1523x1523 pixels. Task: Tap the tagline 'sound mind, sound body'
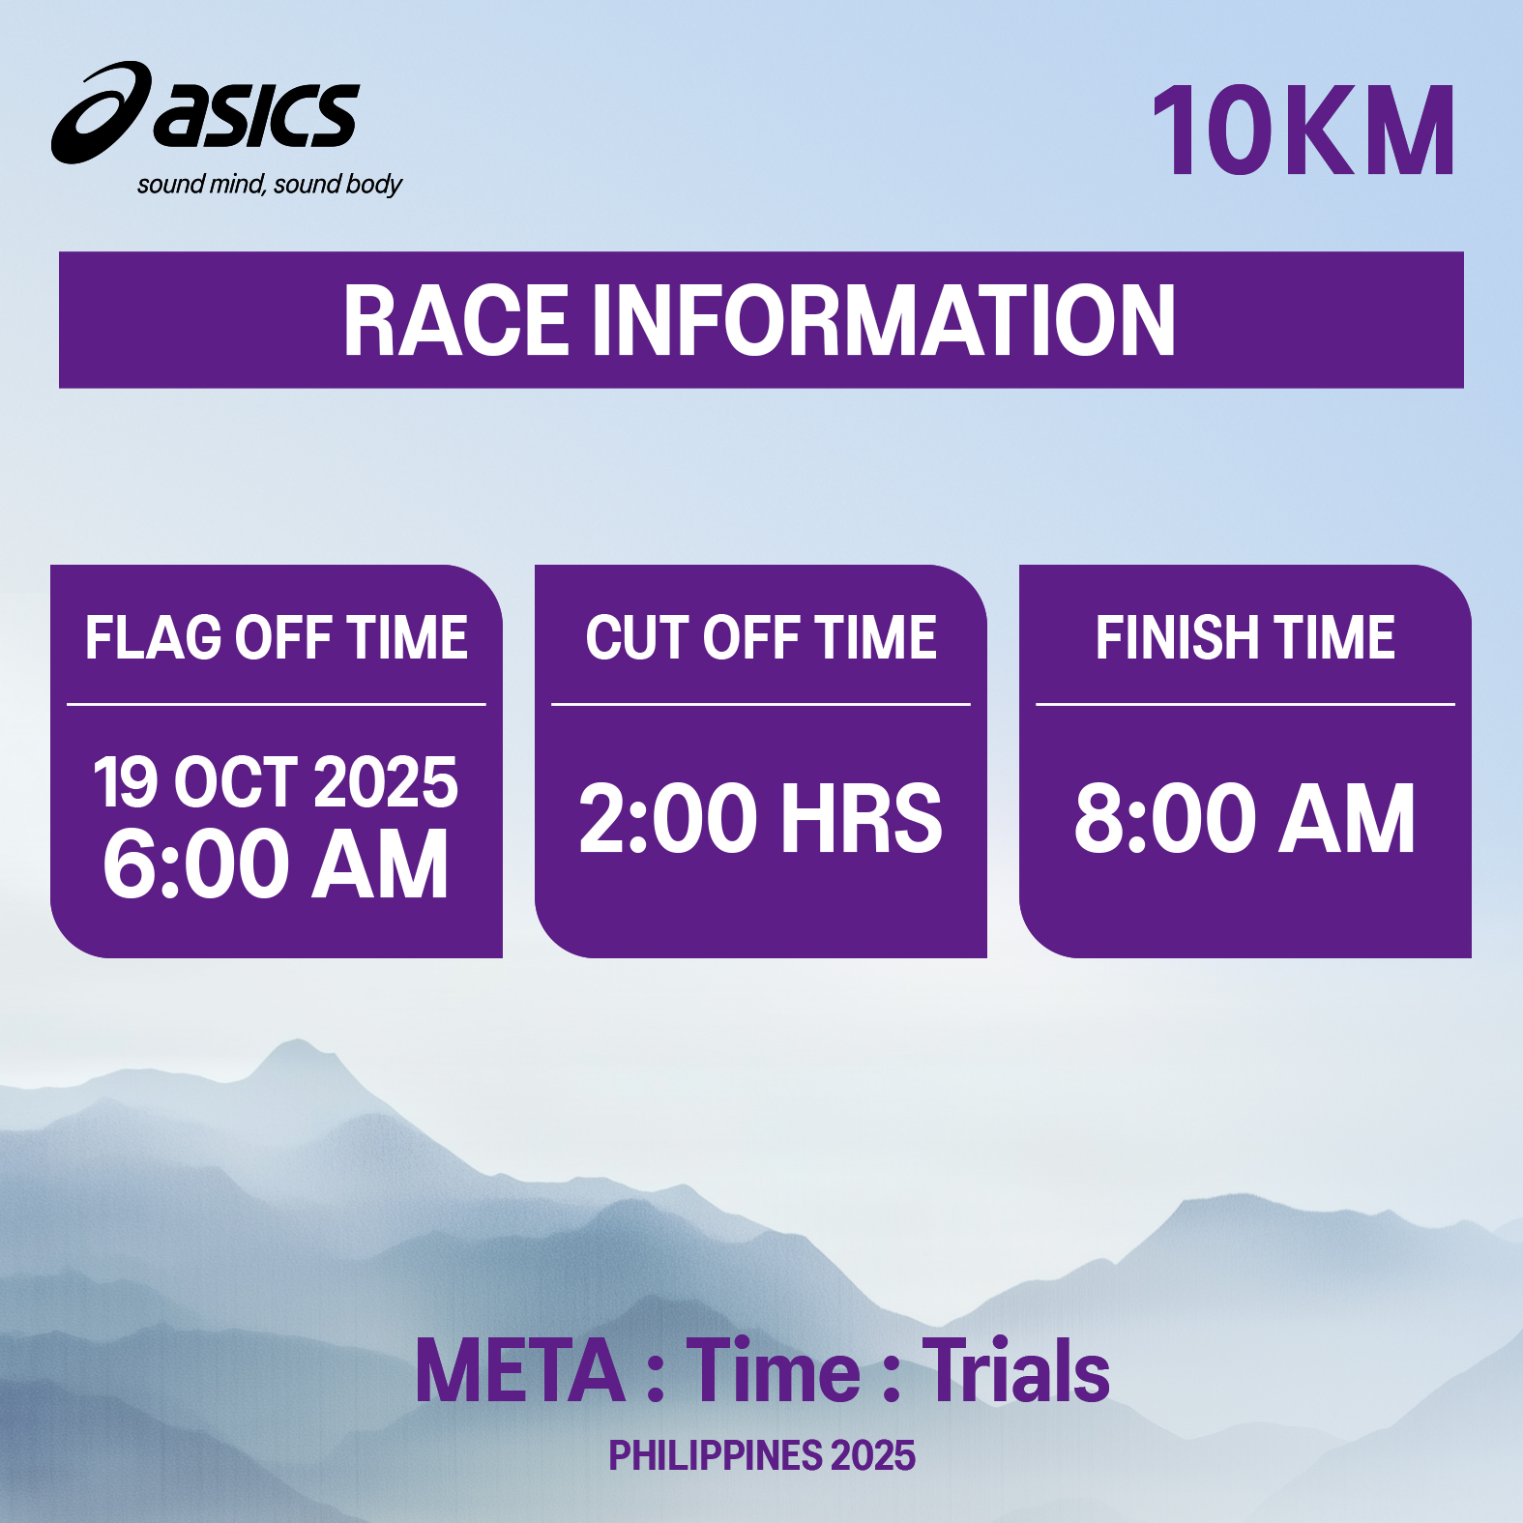point(270,185)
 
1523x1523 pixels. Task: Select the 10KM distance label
point(1303,132)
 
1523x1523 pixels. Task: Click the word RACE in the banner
point(455,321)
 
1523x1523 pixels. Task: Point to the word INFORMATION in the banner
point(884,321)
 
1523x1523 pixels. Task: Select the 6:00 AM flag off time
point(276,864)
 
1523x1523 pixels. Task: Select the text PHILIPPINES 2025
point(762,1455)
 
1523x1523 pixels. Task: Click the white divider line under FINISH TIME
point(1245,704)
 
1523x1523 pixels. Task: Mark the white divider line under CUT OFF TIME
point(761,704)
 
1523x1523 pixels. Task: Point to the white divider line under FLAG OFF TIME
point(277,704)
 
